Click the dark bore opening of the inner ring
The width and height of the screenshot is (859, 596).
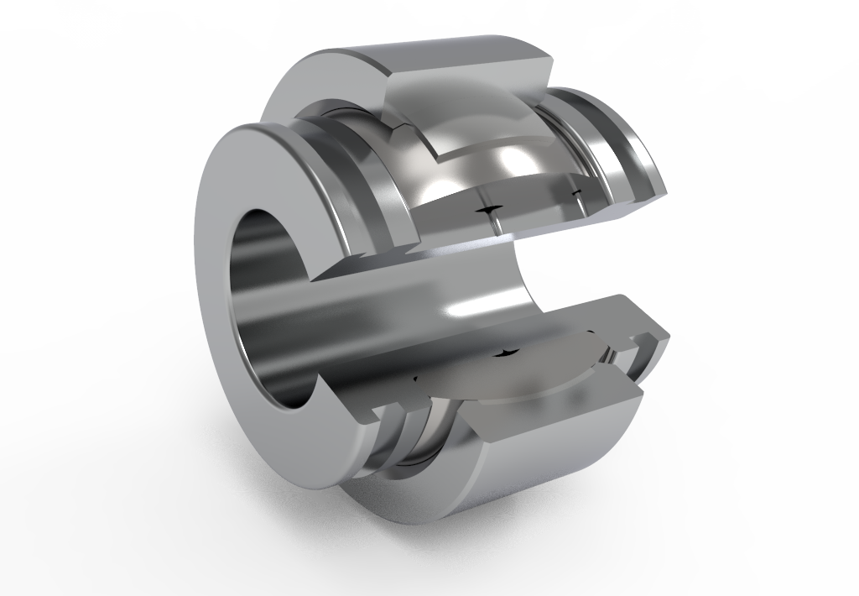pyautogui.click(x=267, y=294)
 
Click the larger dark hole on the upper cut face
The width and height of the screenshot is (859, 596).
pyautogui.click(x=487, y=207)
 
